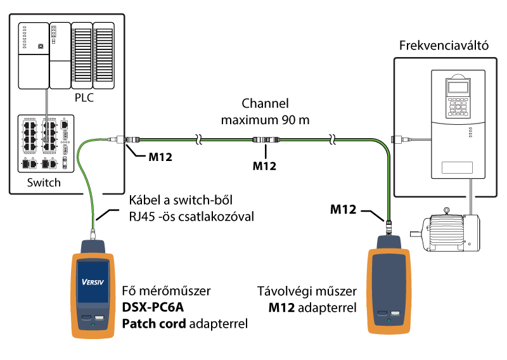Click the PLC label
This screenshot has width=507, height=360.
pyautogui.click(x=84, y=98)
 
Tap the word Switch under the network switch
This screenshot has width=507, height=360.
pyautogui.click(x=44, y=183)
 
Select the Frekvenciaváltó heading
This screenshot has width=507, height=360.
pyautogui.click(x=444, y=46)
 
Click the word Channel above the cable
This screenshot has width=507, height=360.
pyautogui.click(x=265, y=103)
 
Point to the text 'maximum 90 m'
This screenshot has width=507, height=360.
pyautogui.click(x=265, y=120)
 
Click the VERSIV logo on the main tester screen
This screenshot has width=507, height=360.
pyautogui.click(x=93, y=282)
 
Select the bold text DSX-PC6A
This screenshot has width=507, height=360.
pyautogui.click(x=153, y=307)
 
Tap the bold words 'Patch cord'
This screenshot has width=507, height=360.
pyautogui.click(x=154, y=323)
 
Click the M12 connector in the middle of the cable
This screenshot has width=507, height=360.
pyautogui.click(x=266, y=139)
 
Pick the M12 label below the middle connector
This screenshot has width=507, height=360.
pyautogui.click(x=264, y=166)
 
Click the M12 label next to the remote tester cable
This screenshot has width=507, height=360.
pyautogui.click(x=343, y=209)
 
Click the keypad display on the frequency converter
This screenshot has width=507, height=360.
pyautogui.click(x=458, y=87)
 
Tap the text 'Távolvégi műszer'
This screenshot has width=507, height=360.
pyautogui.click(x=307, y=291)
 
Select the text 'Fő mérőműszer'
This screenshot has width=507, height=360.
pyautogui.click(x=166, y=291)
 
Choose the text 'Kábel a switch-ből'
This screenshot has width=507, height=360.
pyautogui.click(x=181, y=200)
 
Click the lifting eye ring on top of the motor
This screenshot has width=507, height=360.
pyautogui.click(x=447, y=211)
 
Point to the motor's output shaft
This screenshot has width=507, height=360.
pyautogui.click(x=416, y=234)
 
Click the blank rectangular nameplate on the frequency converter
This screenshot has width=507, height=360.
pyautogui.click(x=457, y=167)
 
